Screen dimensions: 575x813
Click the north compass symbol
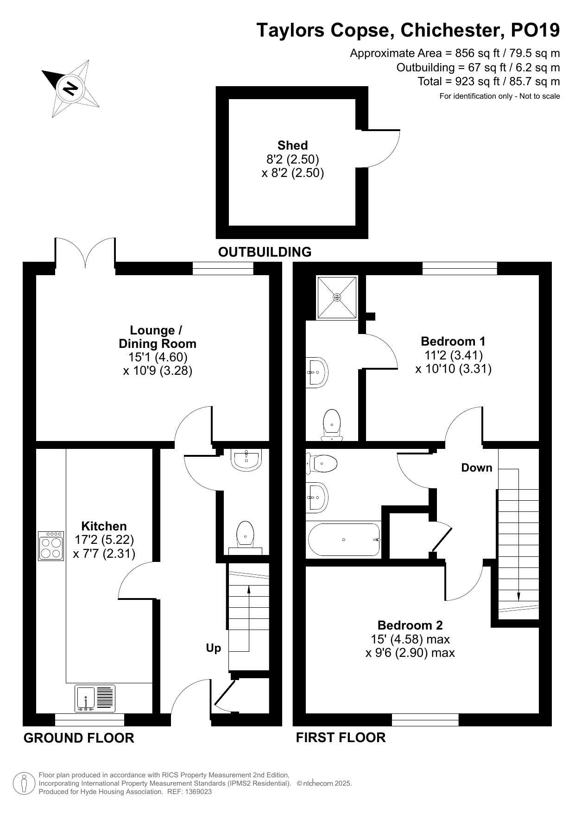point(70,88)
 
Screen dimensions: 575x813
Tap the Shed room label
point(293,145)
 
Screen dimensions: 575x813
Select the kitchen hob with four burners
point(51,546)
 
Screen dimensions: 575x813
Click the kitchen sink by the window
point(95,699)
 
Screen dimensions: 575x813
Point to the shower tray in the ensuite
point(337,297)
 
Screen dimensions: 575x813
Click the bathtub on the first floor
point(344,540)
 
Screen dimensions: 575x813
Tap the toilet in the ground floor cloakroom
point(245,537)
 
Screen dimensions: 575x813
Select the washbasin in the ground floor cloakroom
point(246,460)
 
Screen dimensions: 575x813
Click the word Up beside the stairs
point(214,648)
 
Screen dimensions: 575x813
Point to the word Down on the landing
point(477,468)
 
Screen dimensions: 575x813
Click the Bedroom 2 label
point(410,625)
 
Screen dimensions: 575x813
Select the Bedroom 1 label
point(453,341)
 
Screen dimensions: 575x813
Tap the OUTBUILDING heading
point(265,252)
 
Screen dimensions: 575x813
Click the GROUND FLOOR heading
point(79,738)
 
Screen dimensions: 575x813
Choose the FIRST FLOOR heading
point(341,737)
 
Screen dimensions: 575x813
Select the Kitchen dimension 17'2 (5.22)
point(104,540)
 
